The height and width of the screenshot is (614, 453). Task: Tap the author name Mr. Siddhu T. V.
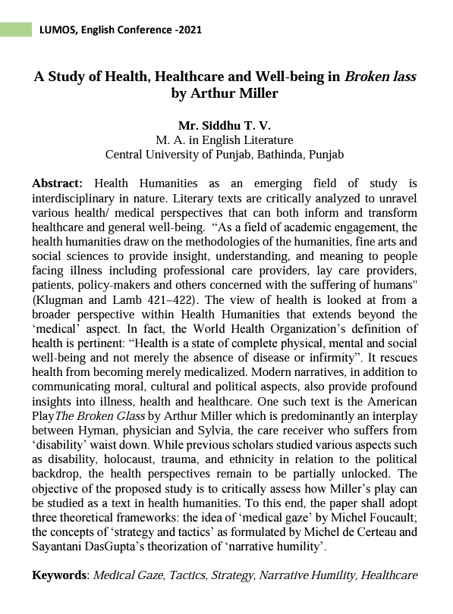coord(224,125)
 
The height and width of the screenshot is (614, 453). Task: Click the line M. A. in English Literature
coord(224,139)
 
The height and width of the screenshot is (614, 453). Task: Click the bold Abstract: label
coord(58,183)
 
